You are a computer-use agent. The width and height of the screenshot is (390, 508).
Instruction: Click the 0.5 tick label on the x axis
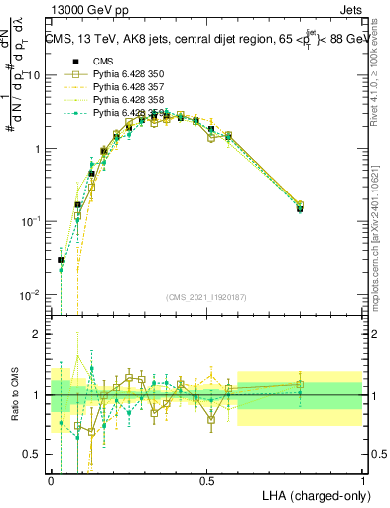point(207,479)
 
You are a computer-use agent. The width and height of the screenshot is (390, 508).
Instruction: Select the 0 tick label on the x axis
point(51,479)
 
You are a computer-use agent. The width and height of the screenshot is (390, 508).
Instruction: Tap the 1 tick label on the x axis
point(363,479)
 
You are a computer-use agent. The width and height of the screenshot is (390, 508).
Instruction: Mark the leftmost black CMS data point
point(61,260)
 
